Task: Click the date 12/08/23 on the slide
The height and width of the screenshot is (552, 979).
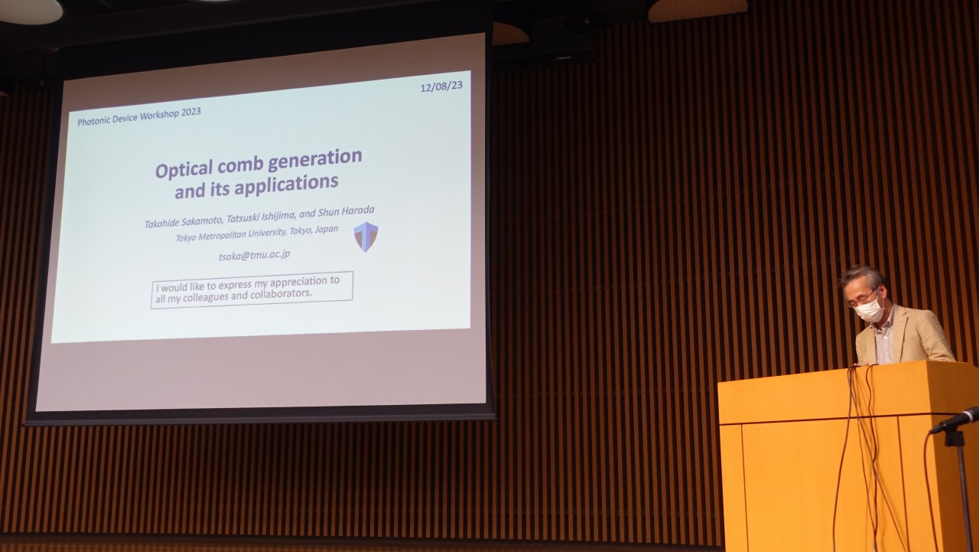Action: tap(441, 87)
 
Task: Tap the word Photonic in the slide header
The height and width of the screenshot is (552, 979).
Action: tap(93, 120)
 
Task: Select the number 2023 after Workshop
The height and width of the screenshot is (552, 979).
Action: tap(191, 113)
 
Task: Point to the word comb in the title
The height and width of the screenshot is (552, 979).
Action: tap(240, 165)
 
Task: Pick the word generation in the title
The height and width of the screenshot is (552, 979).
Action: tap(315, 158)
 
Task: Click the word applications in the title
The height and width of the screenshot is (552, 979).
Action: tap(286, 184)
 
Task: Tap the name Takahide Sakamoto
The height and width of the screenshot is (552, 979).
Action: tap(184, 221)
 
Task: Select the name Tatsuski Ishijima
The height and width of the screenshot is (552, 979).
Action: tap(261, 216)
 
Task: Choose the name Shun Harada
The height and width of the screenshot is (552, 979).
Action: tap(346, 211)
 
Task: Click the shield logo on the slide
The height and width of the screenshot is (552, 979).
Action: tap(366, 237)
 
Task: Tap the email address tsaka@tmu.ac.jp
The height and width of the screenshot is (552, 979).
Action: tap(255, 255)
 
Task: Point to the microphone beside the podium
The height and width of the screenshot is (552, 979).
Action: tap(954, 420)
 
